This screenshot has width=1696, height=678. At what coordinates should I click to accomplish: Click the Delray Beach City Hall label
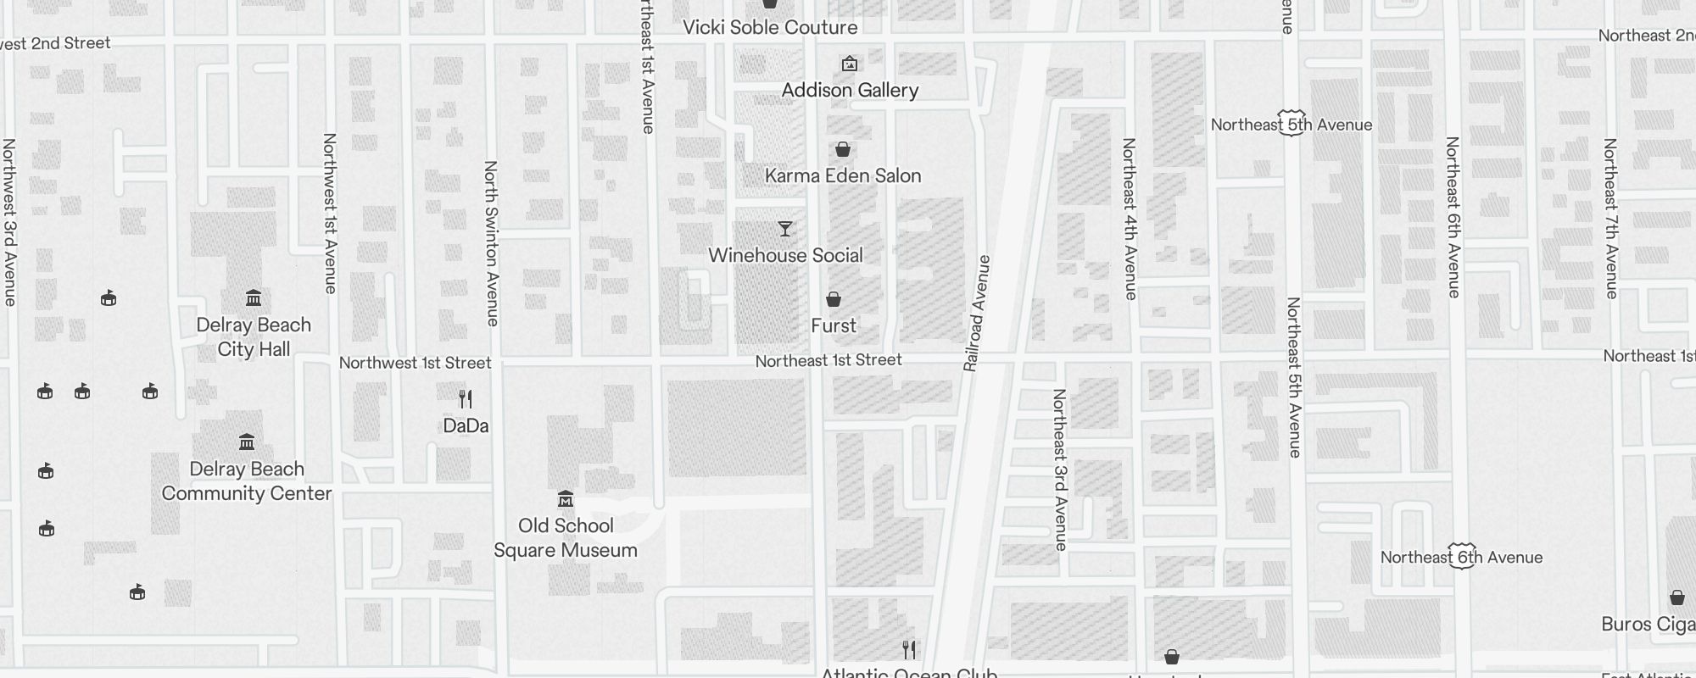click(254, 337)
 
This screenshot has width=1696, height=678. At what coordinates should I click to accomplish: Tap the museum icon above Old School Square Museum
click(566, 499)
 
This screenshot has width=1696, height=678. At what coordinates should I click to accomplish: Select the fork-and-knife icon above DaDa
click(465, 398)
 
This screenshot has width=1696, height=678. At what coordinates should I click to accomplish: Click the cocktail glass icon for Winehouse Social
click(785, 229)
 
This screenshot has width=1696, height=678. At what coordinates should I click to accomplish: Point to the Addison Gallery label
click(850, 90)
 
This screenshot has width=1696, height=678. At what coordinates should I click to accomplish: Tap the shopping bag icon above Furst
click(834, 299)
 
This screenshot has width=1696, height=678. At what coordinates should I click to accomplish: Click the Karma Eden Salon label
click(843, 175)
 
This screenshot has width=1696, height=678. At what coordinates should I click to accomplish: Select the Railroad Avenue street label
click(977, 313)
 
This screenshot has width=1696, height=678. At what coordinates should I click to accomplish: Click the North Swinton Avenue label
click(491, 243)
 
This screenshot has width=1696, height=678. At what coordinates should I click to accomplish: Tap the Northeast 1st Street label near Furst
click(828, 360)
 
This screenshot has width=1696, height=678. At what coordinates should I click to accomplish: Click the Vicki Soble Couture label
click(770, 27)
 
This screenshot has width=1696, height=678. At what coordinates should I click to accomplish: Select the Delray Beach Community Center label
click(247, 481)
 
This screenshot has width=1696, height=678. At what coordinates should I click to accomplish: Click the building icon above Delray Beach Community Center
click(247, 442)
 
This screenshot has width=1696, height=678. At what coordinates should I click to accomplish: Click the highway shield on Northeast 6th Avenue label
click(1462, 556)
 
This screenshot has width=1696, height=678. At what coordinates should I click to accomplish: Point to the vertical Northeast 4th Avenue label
click(1130, 219)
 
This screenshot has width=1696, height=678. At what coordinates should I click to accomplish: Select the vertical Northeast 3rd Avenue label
click(1060, 470)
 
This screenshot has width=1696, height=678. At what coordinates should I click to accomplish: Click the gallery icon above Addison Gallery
click(849, 64)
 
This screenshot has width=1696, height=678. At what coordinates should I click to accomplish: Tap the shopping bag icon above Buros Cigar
click(1676, 597)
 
